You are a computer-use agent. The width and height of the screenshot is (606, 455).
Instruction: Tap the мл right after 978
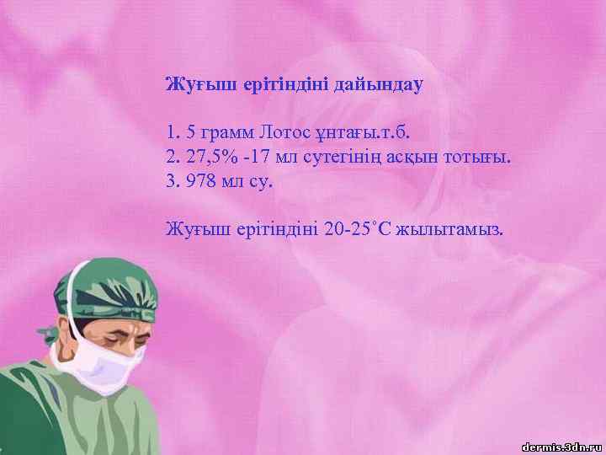point(231,180)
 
